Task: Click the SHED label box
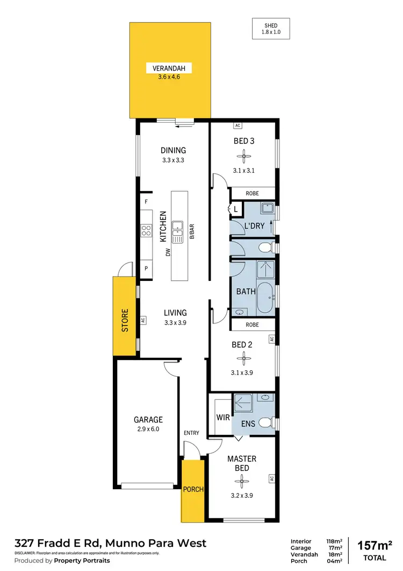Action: click(271, 29)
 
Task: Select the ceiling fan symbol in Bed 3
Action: click(244, 157)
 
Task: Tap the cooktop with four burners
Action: click(146, 231)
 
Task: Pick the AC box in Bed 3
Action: click(238, 125)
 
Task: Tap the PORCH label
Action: click(193, 489)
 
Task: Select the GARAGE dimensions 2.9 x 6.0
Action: click(148, 429)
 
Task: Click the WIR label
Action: click(223, 417)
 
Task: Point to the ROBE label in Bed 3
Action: click(252, 192)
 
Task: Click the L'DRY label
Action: click(254, 226)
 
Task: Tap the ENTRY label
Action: click(191, 433)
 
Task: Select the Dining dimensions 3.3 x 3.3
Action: click(173, 160)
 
